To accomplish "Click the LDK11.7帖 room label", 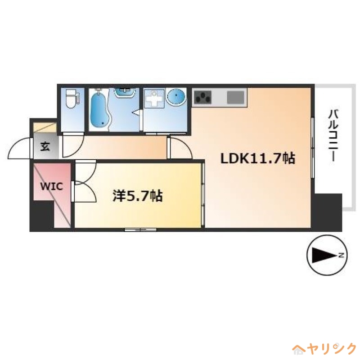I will [257, 158].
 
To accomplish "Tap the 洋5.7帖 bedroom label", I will [137, 196].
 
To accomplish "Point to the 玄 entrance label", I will [45, 146].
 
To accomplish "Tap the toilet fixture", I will [71, 99].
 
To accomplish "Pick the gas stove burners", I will [203, 97].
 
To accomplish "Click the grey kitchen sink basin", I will [235, 97].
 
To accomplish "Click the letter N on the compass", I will [342, 255].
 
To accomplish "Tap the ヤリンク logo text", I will [331, 349].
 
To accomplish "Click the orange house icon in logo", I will [298, 349].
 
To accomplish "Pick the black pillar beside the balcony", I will [328, 211].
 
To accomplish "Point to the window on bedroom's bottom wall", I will [140, 230].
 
